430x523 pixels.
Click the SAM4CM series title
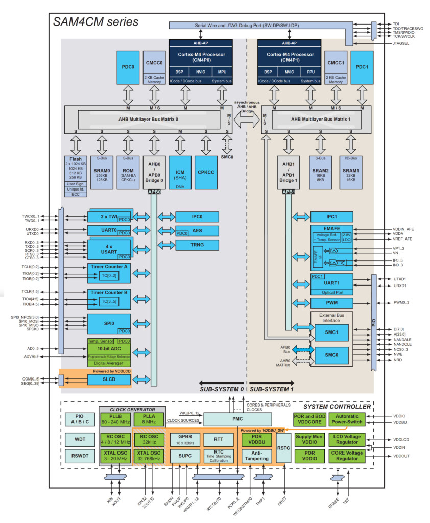(96, 22)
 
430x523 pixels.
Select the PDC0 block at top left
(127, 67)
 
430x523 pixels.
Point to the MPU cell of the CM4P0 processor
(222, 72)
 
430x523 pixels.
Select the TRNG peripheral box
(197, 245)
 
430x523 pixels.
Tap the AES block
(197, 230)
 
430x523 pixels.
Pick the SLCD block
(109, 379)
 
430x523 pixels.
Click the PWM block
(331, 303)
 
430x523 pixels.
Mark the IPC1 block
(331, 217)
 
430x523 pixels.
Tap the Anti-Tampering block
(257, 455)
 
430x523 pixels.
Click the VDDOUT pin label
(401, 456)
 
